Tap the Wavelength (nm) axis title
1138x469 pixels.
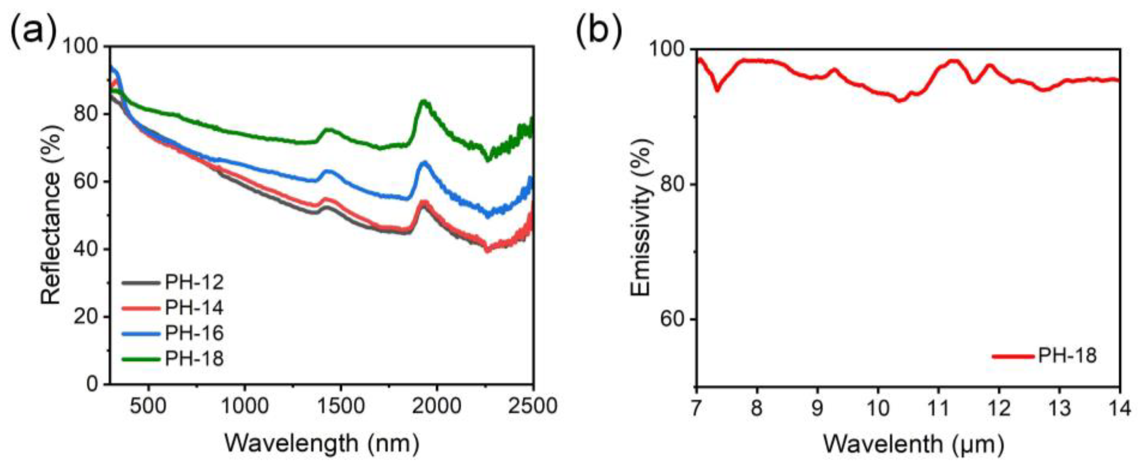pyautogui.click(x=322, y=443)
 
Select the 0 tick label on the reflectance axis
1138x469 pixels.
pyautogui.click(x=92, y=384)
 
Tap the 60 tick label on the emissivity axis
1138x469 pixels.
pyautogui.click(x=671, y=320)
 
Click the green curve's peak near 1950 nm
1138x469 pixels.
pyautogui.click(x=425, y=102)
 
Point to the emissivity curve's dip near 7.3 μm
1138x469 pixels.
pyautogui.click(x=717, y=90)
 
